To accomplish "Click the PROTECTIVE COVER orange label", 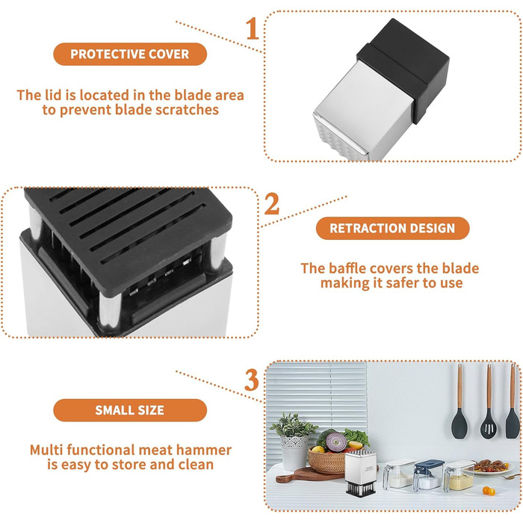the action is [130, 54].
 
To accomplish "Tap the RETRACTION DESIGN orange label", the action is [392, 228].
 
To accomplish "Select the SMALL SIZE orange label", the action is [130, 410].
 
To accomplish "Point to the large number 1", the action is [253, 28].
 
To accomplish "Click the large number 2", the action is [272, 204].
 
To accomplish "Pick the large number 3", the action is [252, 380].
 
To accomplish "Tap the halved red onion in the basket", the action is [336, 442].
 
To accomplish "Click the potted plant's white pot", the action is [294, 452].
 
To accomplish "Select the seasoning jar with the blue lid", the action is [429, 474].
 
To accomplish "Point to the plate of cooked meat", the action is [492, 467].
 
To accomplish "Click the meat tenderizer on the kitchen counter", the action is [360, 474].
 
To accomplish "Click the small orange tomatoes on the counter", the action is [489, 491].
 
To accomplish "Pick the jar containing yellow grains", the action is [459, 477].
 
